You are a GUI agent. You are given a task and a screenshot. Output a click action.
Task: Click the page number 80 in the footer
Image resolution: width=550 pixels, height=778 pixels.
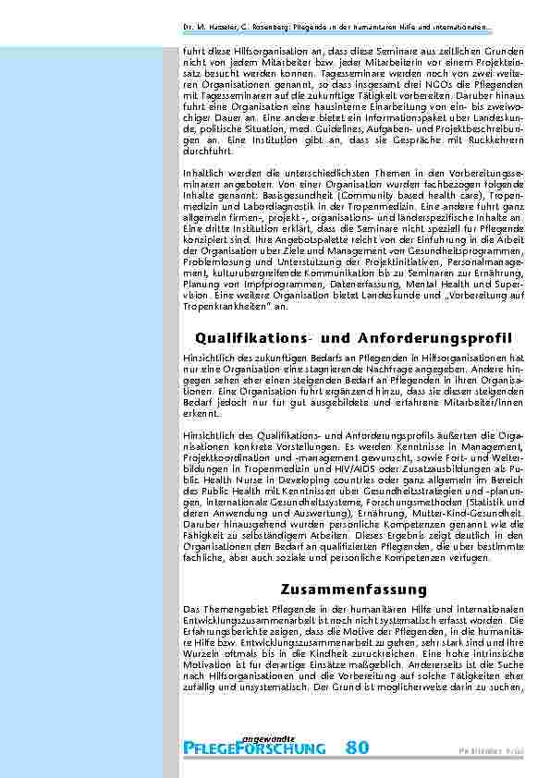point(359,748)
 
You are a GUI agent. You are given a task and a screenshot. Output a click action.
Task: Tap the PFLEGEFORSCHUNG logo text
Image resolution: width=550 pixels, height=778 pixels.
point(254,748)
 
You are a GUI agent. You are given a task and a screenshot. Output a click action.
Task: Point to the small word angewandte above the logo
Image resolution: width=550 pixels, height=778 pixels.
point(268,736)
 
